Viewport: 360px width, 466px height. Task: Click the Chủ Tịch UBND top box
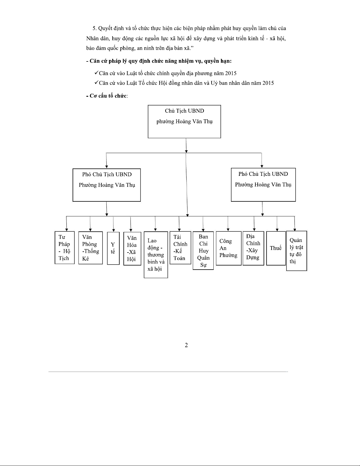(x=184, y=121)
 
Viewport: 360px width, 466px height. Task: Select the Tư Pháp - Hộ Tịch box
(x=65, y=248)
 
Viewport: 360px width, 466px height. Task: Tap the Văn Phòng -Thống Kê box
(x=91, y=248)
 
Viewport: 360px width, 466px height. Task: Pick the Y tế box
(x=113, y=248)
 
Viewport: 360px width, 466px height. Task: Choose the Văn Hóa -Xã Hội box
(x=132, y=248)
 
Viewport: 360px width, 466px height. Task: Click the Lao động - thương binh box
(x=156, y=255)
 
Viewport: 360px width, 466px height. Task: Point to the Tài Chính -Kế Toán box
(x=180, y=248)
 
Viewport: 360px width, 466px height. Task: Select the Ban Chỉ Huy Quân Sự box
(x=203, y=250)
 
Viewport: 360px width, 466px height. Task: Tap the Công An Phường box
(x=228, y=248)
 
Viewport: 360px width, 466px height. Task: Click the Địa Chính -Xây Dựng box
(x=253, y=248)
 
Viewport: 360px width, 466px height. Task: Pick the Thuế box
(x=276, y=248)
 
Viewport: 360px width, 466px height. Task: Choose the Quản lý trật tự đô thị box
(x=297, y=251)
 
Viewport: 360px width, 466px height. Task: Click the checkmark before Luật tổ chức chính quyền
(x=96, y=73)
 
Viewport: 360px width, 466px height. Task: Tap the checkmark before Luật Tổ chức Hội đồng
(x=96, y=83)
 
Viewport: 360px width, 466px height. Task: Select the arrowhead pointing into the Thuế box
(x=277, y=230)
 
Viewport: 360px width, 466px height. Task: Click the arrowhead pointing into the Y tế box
(x=114, y=230)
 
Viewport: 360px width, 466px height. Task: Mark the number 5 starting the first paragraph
(x=94, y=29)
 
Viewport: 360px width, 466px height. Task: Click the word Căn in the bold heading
(x=95, y=61)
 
